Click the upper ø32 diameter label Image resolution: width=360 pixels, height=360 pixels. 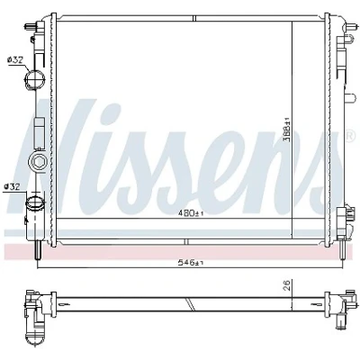coord(15,60)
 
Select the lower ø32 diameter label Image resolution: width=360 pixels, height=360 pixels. coord(12,187)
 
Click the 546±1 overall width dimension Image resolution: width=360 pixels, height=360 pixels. coord(192,263)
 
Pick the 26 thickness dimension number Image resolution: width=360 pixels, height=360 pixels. coord(287,285)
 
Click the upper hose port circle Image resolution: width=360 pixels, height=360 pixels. coord(35,78)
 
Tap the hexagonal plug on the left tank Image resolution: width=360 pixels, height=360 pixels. coord(38,162)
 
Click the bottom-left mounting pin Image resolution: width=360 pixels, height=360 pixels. coord(37,250)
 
